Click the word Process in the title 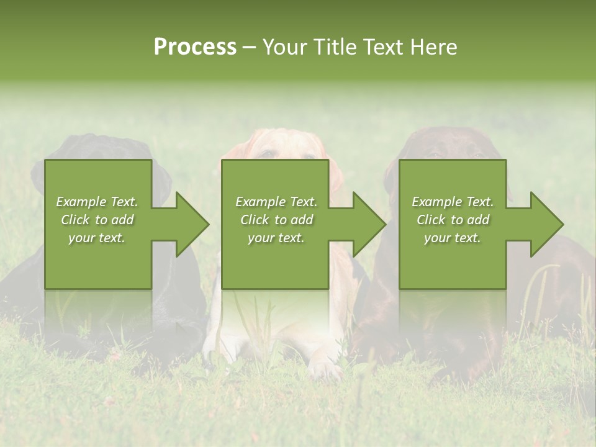click(195, 47)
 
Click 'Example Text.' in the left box click(97, 202)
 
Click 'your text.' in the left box click(97, 238)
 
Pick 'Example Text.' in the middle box click(276, 202)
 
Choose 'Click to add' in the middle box click(276, 220)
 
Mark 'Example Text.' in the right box click(453, 202)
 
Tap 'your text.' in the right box click(453, 238)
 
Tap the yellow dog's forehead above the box click(276, 142)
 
